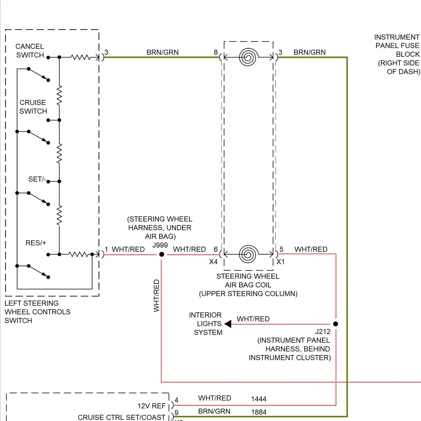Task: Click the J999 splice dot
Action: pyautogui.click(x=162, y=254)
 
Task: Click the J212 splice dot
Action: pyautogui.click(x=335, y=324)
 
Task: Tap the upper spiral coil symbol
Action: pyautogui.click(x=248, y=57)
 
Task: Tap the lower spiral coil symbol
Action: pyautogui.click(x=248, y=254)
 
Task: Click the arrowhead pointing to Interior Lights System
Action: pyautogui.click(x=228, y=324)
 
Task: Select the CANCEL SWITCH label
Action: pyautogui.click(x=30, y=51)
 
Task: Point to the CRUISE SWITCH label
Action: pyautogui.click(x=33, y=107)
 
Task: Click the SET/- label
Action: pyautogui.click(x=37, y=179)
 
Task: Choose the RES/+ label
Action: pyautogui.click(x=36, y=243)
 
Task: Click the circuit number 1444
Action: pyautogui.click(x=258, y=399)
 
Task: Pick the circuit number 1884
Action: pyautogui.click(x=258, y=412)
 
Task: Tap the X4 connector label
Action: pyautogui.click(x=213, y=262)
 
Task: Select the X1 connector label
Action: pyautogui.click(x=281, y=262)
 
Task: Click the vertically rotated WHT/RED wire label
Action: pyautogui.click(x=156, y=296)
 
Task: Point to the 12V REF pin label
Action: pyautogui.click(x=151, y=406)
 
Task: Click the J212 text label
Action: pyautogui.click(x=323, y=332)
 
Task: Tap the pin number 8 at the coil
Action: pyautogui.click(x=216, y=52)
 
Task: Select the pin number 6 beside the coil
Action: pyautogui.click(x=216, y=249)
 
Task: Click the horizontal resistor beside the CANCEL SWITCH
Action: pyautogui.click(x=81, y=57)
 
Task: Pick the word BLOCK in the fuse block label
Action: pyautogui.click(x=408, y=54)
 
